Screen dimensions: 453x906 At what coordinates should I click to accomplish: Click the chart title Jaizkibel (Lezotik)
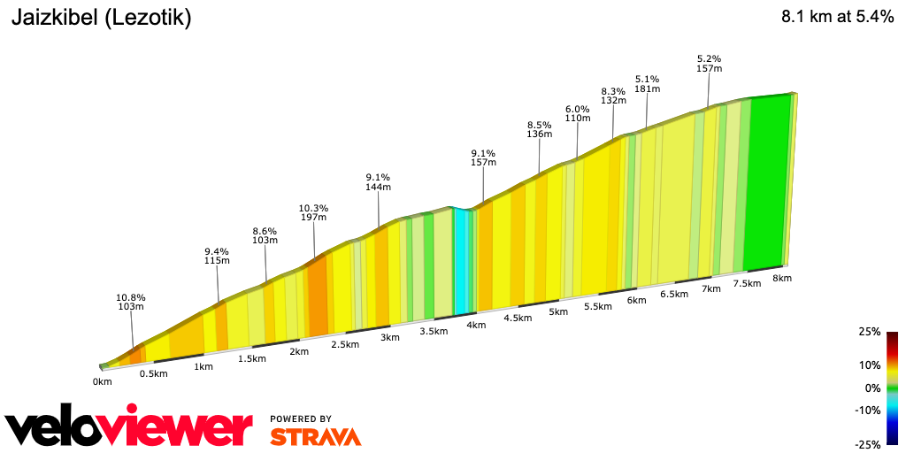tap(100, 18)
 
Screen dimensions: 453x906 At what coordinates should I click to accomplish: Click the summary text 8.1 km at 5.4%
tap(837, 18)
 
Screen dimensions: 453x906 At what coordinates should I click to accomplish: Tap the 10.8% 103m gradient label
tap(131, 302)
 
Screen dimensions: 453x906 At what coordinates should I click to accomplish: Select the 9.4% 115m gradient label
tap(218, 256)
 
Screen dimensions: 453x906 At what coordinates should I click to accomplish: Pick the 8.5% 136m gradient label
tap(539, 129)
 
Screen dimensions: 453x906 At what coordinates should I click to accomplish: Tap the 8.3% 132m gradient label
tap(613, 96)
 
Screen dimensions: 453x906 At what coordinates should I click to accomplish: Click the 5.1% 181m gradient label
tap(647, 83)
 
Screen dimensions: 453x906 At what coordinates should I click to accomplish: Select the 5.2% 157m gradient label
tap(710, 64)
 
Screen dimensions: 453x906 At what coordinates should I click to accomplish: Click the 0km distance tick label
tap(102, 382)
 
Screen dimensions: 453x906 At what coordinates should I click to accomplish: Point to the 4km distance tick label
tap(476, 326)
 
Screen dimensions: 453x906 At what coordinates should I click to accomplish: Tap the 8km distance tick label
tap(781, 278)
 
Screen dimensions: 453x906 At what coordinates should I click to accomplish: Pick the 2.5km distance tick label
tap(345, 344)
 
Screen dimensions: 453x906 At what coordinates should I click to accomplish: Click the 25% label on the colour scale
tap(869, 332)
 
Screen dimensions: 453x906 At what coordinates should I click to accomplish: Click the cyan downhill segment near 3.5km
tap(460, 261)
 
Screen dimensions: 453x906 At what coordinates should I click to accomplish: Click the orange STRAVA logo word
tap(315, 436)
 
